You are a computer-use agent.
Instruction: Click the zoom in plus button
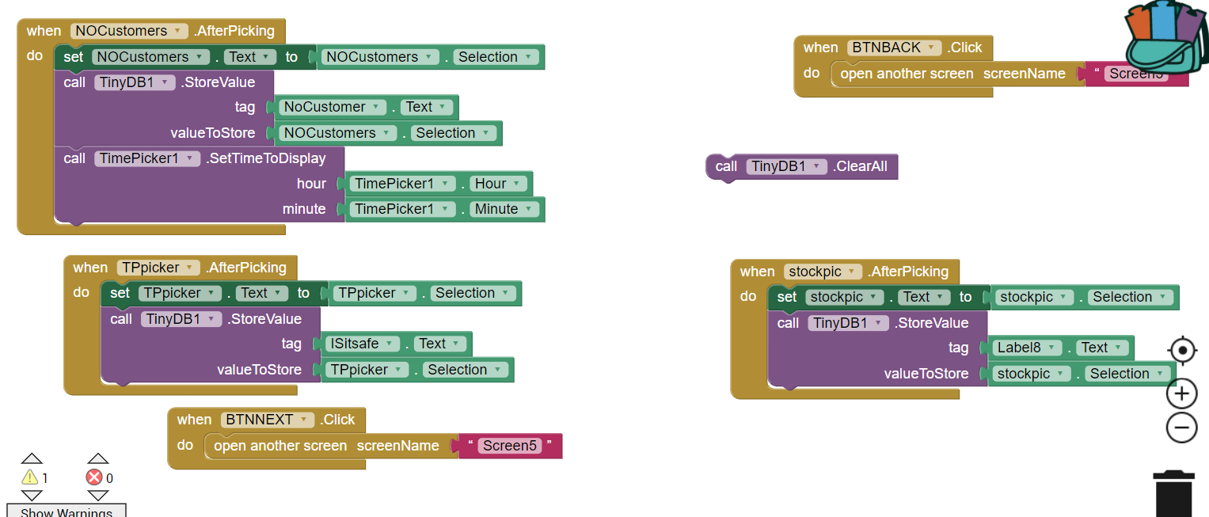pos(1181,393)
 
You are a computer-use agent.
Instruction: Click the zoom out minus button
pos(1181,428)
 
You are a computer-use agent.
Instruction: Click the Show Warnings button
pos(67,511)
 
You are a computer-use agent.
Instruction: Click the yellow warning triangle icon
pos(30,477)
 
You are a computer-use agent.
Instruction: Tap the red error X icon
pos(94,477)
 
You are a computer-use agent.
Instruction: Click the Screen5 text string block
pos(510,446)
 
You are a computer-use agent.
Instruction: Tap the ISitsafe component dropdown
pos(363,344)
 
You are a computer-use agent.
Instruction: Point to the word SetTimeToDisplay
pos(266,158)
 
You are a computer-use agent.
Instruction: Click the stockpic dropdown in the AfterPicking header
pos(823,272)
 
